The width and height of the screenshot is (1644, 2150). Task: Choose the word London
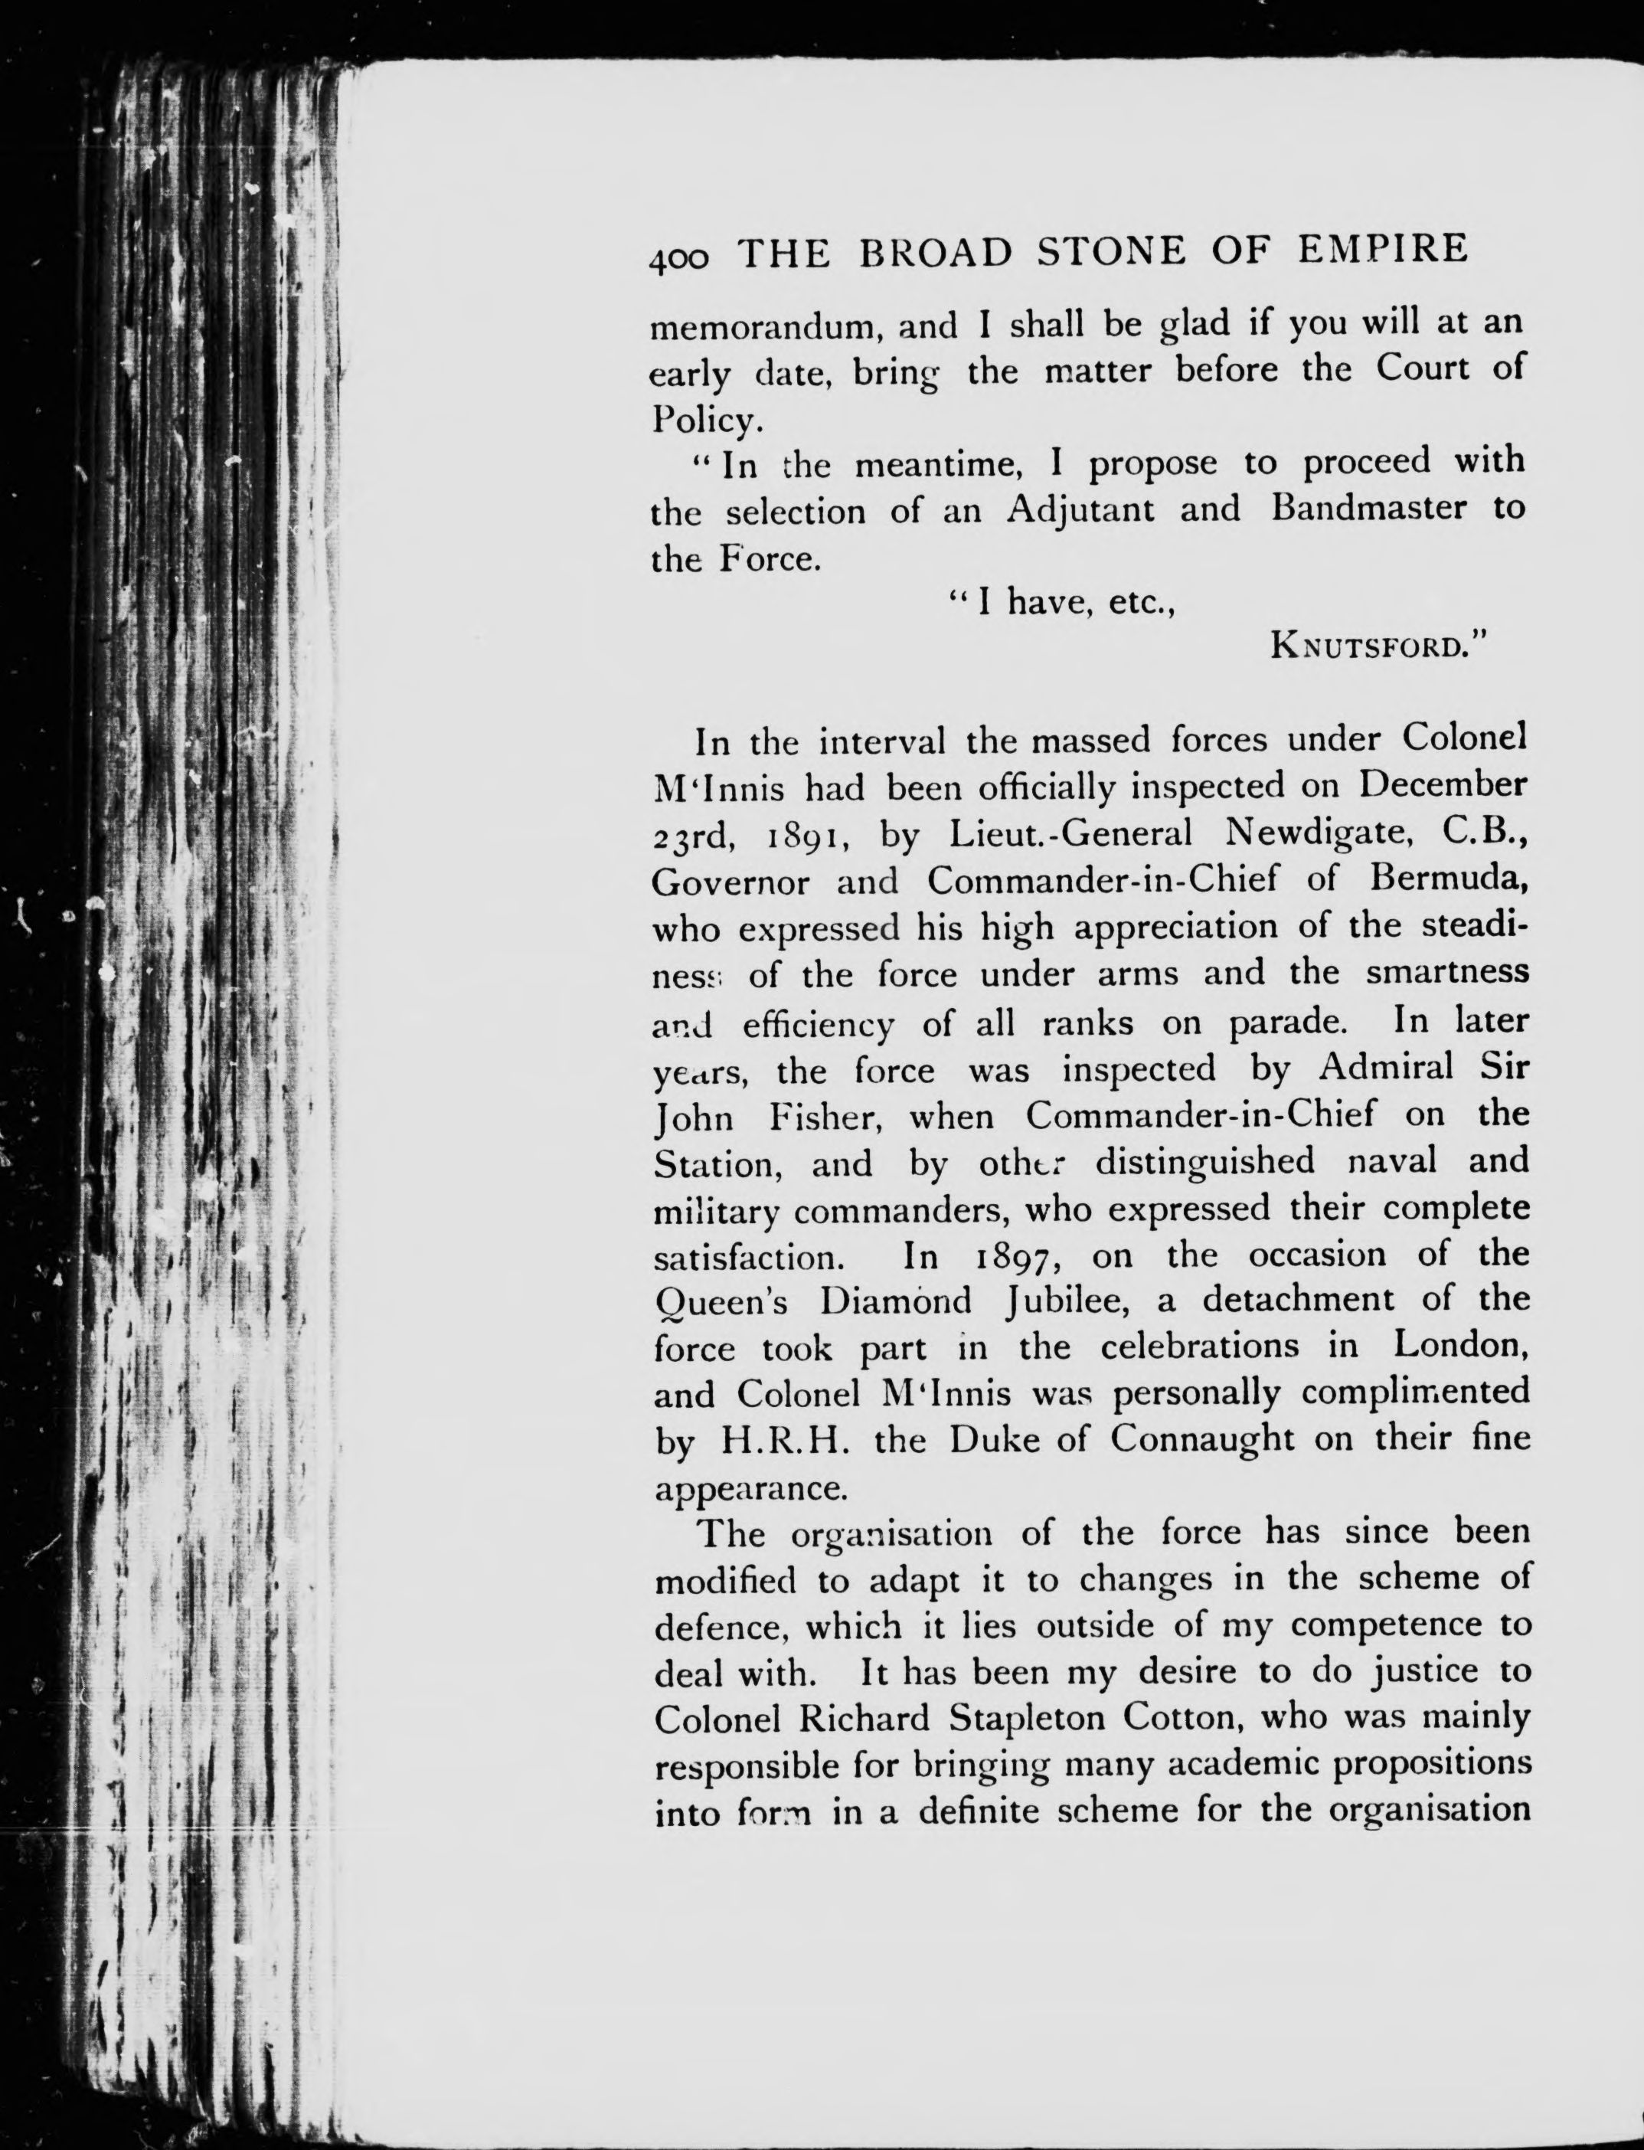1460,1346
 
